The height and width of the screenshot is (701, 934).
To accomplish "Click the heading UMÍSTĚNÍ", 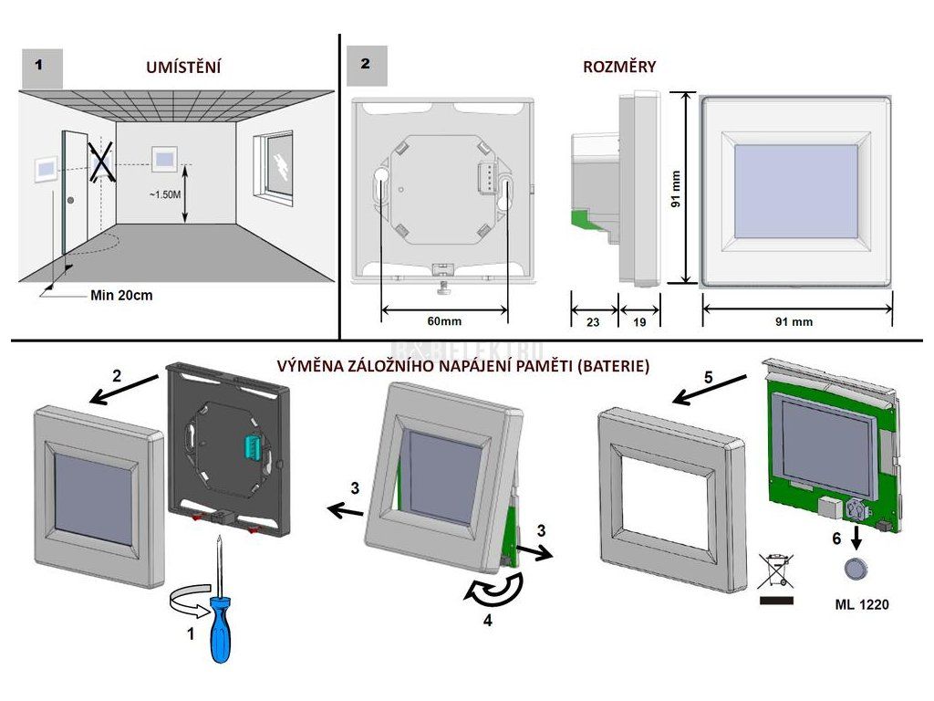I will [x=184, y=67].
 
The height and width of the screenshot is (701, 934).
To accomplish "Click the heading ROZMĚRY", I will [x=619, y=67].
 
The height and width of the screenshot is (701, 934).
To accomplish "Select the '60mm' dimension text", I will [x=444, y=321].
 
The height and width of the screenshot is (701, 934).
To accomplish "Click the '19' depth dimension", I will [x=639, y=321].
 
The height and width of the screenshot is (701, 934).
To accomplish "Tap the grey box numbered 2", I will [x=366, y=66].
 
